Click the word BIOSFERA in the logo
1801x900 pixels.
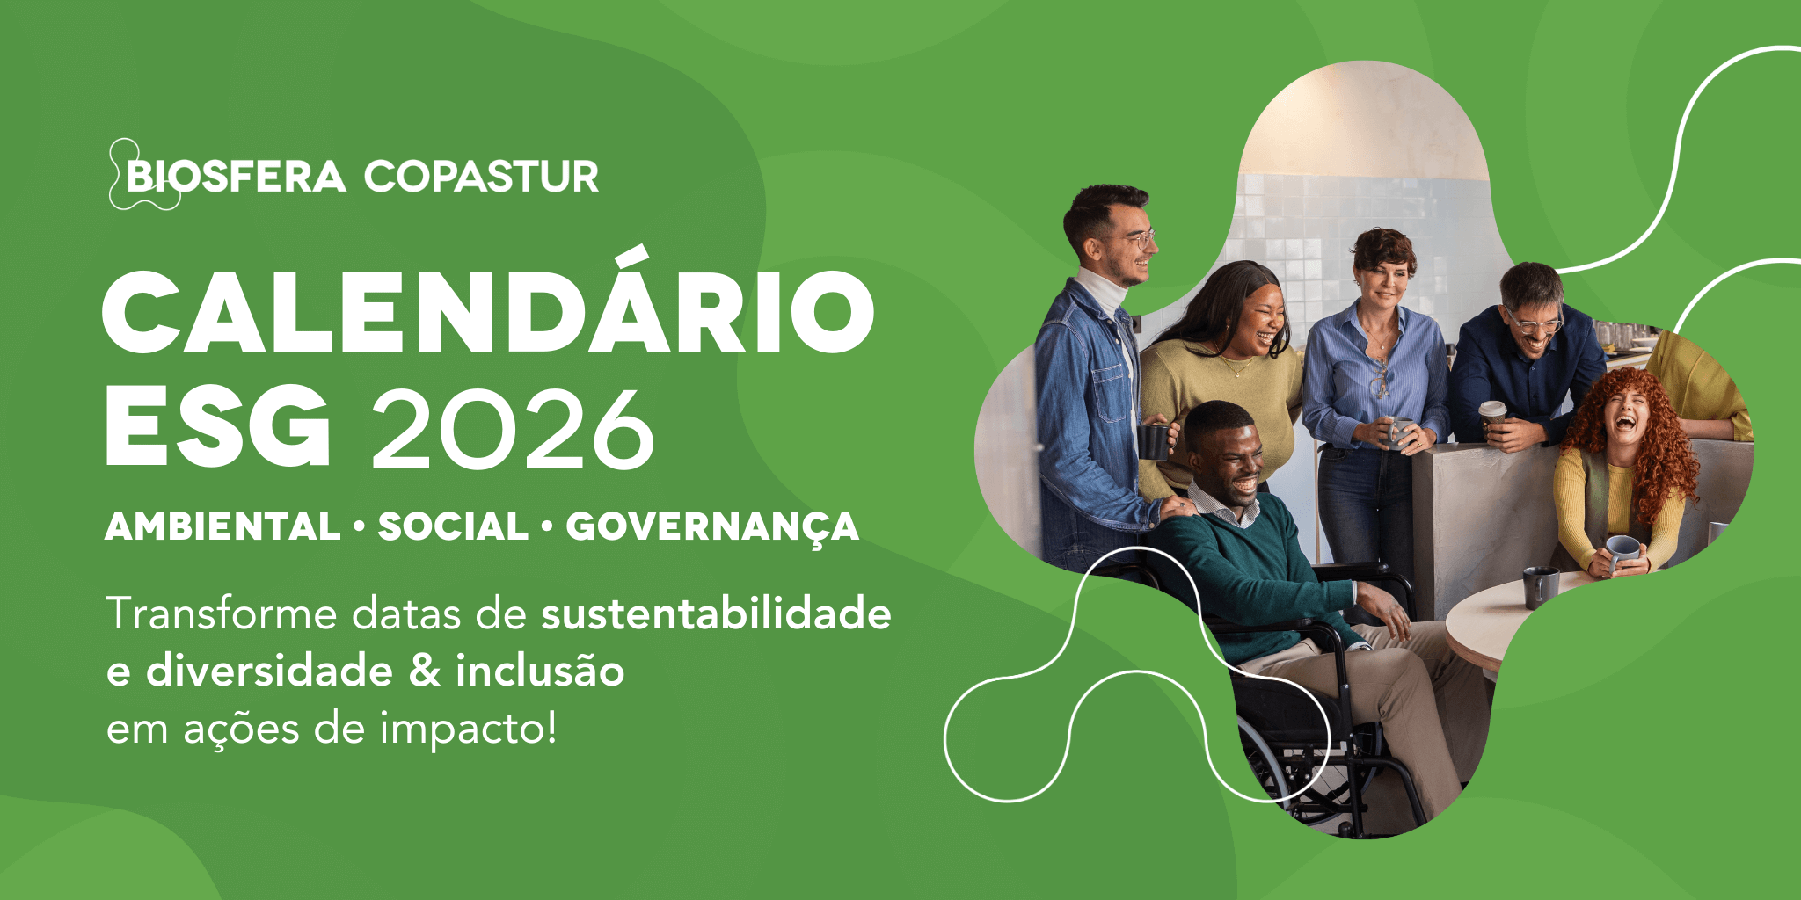click(x=236, y=177)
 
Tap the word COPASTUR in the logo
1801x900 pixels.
click(x=481, y=177)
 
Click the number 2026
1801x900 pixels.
click(x=513, y=429)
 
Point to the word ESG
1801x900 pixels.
click(x=218, y=427)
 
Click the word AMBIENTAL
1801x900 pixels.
click(x=222, y=526)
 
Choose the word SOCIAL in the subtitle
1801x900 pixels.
click(x=453, y=526)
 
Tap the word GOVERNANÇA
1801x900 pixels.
click(x=712, y=527)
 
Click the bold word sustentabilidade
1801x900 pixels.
click(x=716, y=613)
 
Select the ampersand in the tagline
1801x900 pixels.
click(x=425, y=671)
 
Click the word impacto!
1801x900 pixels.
click(x=469, y=729)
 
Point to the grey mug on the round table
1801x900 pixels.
click(x=1540, y=586)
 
